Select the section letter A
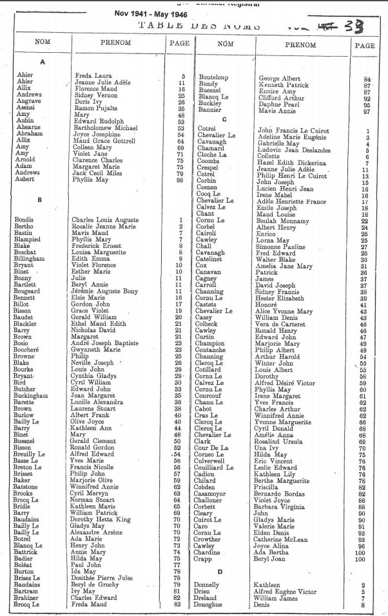click(x=43, y=62)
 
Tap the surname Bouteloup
click(x=215, y=77)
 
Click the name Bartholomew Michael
click(x=103, y=128)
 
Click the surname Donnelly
click(x=210, y=584)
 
